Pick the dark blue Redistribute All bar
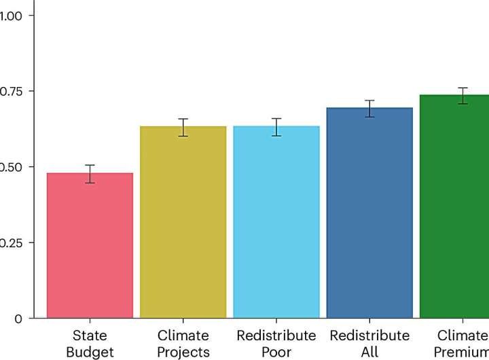(369, 213)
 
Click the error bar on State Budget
(90, 174)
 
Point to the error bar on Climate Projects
(183, 127)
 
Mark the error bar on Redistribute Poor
(276, 127)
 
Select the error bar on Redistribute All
(369, 109)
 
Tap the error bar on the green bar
(463, 96)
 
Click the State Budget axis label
(90, 344)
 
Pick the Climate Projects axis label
(183, 344)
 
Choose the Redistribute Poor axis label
(276, 344)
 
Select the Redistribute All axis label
(369, 344)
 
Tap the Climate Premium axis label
(462, 344)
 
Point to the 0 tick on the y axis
(18, 319)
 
